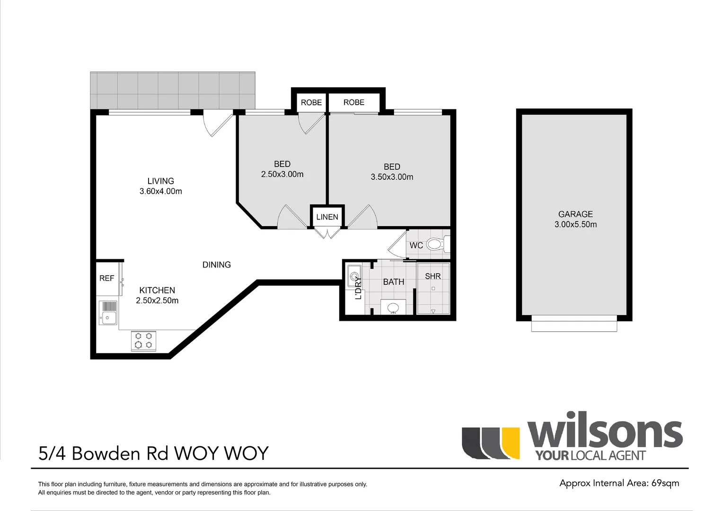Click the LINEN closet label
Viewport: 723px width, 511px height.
coord(327,217)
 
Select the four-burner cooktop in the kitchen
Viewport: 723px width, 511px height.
coord(144,341)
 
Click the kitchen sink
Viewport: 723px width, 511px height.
coord(108,313)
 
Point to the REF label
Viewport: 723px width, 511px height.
coord(106,278)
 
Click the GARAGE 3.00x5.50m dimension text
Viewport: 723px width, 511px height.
coord(575,224)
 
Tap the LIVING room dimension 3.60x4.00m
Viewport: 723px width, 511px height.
coord(161,191)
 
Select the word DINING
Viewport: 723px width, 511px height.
coord(217,264)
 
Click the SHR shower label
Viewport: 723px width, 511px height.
coord(433,276)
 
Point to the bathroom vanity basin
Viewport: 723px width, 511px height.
coord(393,308)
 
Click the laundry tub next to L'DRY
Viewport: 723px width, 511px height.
coord(354,276)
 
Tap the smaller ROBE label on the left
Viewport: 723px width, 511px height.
coord(311,103)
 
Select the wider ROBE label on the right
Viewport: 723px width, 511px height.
coord(354,102)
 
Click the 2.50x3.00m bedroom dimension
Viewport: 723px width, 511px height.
coord(282,174)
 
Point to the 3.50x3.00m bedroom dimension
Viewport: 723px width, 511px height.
coord(392,177)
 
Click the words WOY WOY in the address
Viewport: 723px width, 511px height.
coord(221,453)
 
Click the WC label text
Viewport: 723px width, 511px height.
coord(416,246)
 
